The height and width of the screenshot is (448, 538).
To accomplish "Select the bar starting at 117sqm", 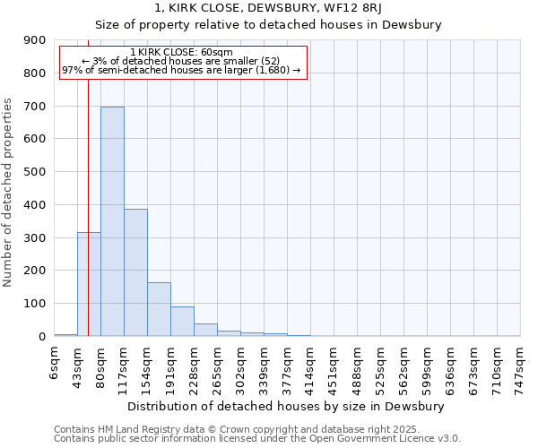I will coord(135,272).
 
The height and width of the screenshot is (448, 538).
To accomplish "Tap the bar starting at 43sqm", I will coord(89,284).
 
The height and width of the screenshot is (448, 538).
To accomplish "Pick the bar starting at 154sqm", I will coord(159,309).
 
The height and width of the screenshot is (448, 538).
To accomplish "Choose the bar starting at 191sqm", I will coord(182,321).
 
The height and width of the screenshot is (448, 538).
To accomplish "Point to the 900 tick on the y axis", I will coord(36,40).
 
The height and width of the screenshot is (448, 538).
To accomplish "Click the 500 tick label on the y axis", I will coord(36,172).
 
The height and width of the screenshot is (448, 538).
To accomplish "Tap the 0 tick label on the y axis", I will coord(42,337).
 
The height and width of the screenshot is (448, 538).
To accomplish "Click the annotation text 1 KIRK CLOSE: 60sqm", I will coord(181,53).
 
